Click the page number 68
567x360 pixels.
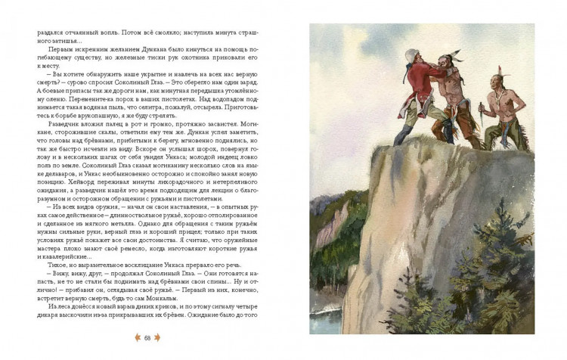point(148,337)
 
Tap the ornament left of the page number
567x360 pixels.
point(137,337)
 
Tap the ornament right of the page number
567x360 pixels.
point(160,337)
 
